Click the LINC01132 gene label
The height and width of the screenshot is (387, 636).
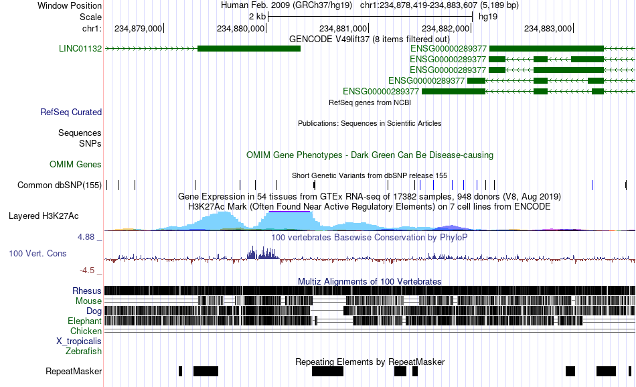[x=80, y=49]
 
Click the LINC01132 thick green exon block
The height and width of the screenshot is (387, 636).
[x=249, y=49]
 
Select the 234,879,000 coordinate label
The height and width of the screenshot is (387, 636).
[x=138, y=28]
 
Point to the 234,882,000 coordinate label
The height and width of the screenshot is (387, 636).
[x=445, y=28]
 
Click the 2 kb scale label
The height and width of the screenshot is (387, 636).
[x=258, y=17]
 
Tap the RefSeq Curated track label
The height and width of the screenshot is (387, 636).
[x=71, y=112]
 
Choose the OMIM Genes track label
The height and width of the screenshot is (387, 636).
[x=76, y=164]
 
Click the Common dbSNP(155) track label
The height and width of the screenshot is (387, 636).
[x=60, y=185]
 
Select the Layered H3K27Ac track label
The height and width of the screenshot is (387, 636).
[x=44, y=216]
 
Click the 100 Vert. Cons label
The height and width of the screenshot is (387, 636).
[x=37, y=254]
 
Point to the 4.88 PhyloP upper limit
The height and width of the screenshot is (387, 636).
[x=86, y=237]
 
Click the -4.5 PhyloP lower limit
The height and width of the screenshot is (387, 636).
[x=87, y=270]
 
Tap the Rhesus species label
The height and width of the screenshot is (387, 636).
[x=87, y=291]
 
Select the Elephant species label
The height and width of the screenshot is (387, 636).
[x=85, y=321]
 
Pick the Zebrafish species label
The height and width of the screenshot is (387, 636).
[x=84, y=351]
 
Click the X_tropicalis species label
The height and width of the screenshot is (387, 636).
[x=79, y=341]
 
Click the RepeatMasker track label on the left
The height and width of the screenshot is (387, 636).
[x=74, y=371]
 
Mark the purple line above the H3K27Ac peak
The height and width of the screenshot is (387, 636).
[x=290, y=212]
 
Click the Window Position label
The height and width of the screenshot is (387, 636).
[x=70, y=5]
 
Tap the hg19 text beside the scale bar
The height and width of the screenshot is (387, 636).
[x=488, y=17]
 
